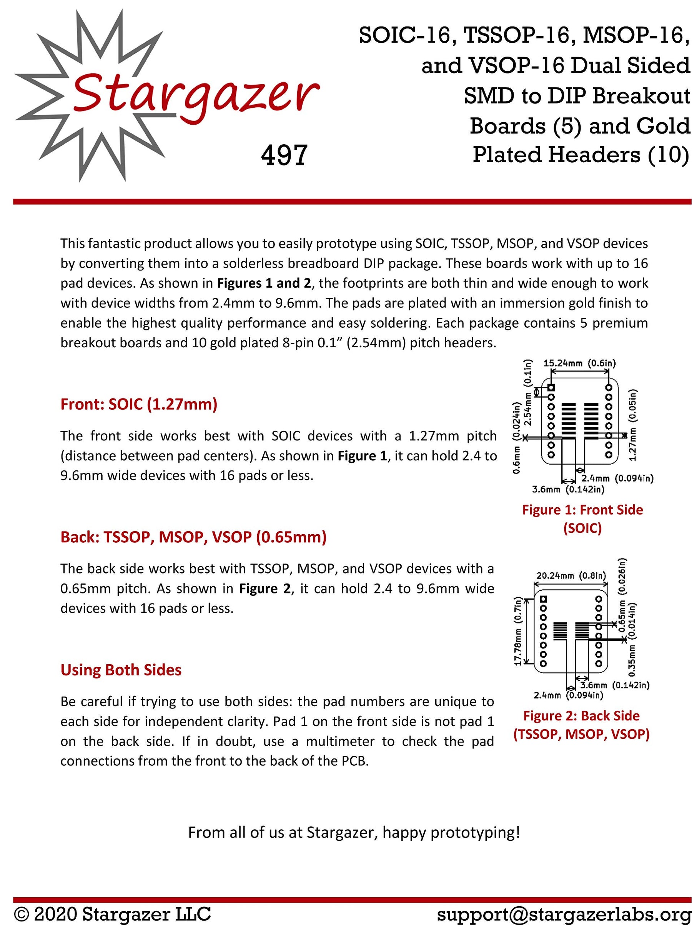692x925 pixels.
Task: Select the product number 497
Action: click(x=284, y=155)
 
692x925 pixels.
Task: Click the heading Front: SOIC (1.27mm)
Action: click(x=139, y=404)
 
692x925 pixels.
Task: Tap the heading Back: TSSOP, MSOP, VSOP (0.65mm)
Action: click(x=193, y=537)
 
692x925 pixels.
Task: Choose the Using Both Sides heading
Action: click(x=121, y=670)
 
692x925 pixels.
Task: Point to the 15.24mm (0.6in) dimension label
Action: click(x=579, y=363)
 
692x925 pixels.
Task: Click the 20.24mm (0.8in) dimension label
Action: click(x=571, y=576)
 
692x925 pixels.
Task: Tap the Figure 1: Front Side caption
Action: click(x=582, y=510)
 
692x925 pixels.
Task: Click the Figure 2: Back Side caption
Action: click(x=581, y=715)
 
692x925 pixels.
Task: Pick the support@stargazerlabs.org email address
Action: click(x=564, y=914)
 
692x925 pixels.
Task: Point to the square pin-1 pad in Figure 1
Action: click(x=551, y=388)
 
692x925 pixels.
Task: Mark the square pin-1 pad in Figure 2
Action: click(x=543, y=599)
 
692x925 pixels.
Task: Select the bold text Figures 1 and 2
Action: click(x=264, y=283)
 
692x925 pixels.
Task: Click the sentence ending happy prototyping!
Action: click(x=354, y=832)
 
